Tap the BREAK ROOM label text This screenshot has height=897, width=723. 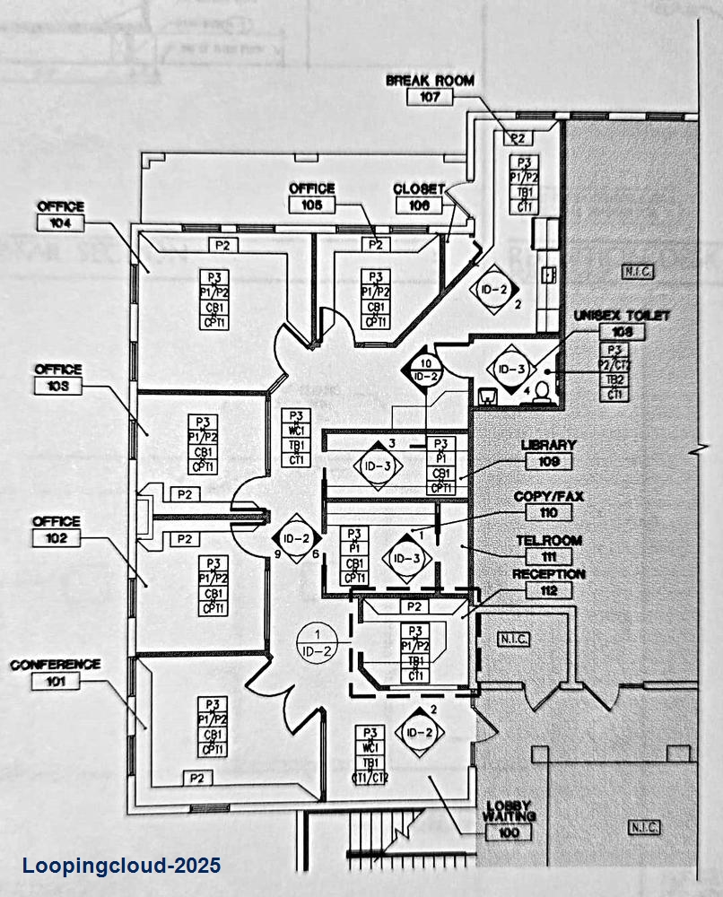click(x=430, y=81)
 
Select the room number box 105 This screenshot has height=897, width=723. click(x=312, y=205)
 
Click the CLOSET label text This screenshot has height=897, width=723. click(x=419, y=189)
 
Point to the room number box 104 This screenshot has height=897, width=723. click(x=60, y=222)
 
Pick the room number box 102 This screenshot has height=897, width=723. click(x=56, y=537)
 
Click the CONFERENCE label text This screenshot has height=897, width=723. click(x=56, y=665)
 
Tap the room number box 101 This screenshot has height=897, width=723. click(x=56, y=681)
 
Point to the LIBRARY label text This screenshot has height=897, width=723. click(x=549, y=445)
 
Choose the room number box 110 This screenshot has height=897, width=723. click(x=549, y=512)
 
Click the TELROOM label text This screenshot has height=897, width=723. click(x=549, y=541)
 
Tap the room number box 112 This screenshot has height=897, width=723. click(x=549, y=590)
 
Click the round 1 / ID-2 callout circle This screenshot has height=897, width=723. click(x=317, y=643)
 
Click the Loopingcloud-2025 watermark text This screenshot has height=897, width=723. click(x=121, y=867)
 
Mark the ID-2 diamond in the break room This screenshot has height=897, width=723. click(x=494, y=289)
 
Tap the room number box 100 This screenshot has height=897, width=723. click(x=508, y=832)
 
